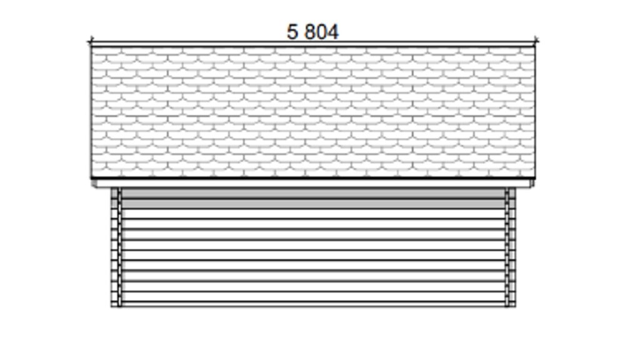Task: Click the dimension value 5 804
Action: pos(312,32)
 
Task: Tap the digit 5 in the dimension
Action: pos(292,32)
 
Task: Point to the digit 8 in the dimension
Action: pos(310,32)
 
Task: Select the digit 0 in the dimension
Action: pos(322,32)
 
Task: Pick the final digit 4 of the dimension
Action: pos(333,32)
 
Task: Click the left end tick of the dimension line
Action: pos(91,41)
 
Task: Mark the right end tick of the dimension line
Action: pos(536,41)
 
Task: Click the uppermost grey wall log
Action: pos(314,193)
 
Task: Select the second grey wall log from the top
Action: pos(314,203)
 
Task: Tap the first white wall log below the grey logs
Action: pos(314,214)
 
